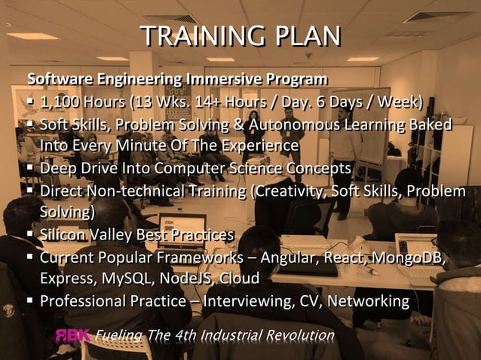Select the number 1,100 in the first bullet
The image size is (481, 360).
tap(61, 102)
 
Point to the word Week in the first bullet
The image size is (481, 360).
tap(397, 102)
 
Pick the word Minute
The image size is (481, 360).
tap(149, 145)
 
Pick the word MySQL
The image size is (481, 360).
tap(124, 279)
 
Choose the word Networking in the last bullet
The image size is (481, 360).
tap(371, 301)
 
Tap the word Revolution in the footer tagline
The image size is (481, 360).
tap(298, 334)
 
